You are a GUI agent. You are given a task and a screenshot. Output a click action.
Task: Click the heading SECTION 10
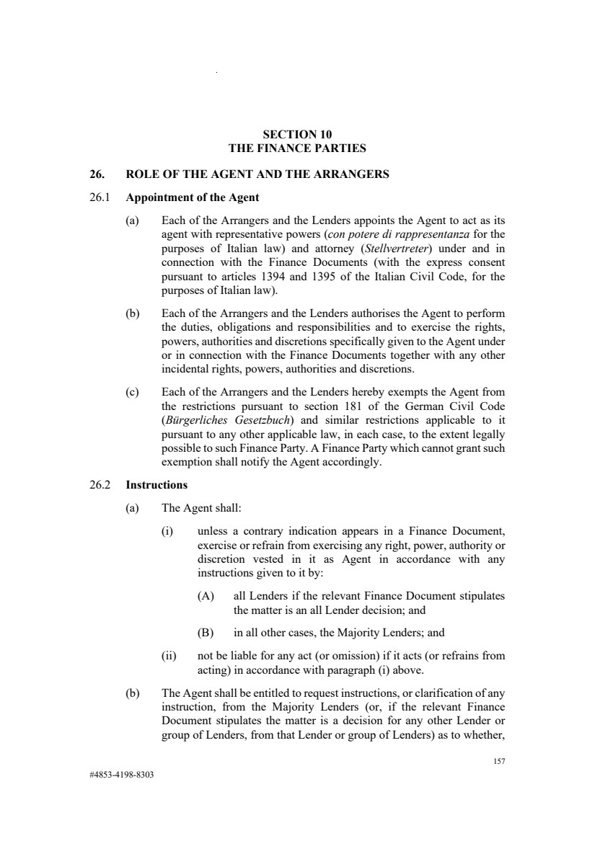(297, 134)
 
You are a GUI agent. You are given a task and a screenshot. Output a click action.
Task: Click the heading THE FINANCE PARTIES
(297, 148)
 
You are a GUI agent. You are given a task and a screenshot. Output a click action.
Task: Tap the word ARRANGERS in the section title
(348, 174)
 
